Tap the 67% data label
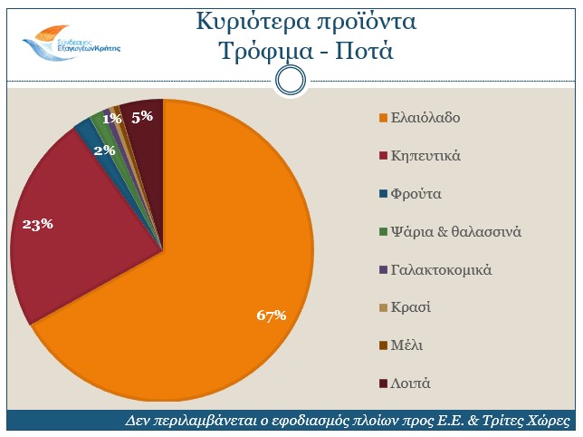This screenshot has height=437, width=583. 271,316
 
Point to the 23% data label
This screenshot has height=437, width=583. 37,224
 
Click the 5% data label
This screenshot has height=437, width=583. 142,116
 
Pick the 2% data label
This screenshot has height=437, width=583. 103,151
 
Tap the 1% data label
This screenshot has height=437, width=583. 112,118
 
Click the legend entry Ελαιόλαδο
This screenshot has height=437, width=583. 425,118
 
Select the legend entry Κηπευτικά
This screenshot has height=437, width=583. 425,156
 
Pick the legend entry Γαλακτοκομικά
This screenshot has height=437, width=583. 440,269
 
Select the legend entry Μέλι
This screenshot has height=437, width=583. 406,345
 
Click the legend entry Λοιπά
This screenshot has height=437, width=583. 410,383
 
